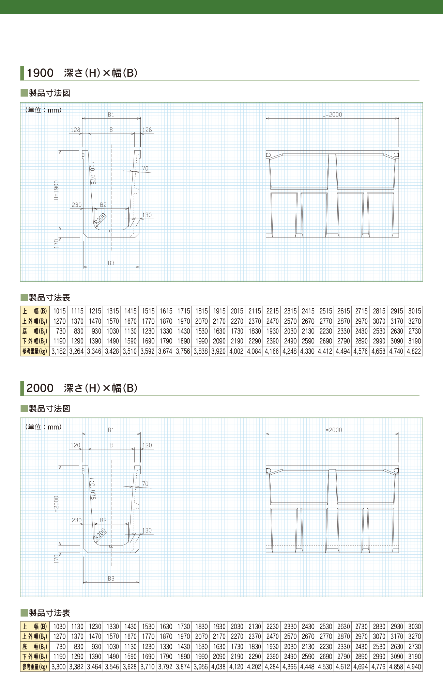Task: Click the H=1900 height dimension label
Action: pyautogui.click(x=57, y=190)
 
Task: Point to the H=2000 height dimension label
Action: pyautogui.click(x=57, y=506)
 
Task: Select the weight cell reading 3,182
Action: pyautogui.click(x=59, y=351)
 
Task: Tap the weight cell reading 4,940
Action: pyautogui.click(x=414, y=667)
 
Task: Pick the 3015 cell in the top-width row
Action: pyautogui.click(x=414, y=311)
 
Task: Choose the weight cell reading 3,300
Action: pyautogui.click(x=59, y=667)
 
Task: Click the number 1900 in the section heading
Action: pyautogui.click(x=40, y=73)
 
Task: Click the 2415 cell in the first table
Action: pyautogui.click(x=308, y=311)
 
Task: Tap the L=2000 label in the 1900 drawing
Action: pyautogui.click(x=332, y=115)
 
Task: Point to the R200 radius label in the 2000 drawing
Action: pyautogui.click(x=100, y=534)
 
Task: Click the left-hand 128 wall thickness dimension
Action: pyautogui.click(x=75, y=130)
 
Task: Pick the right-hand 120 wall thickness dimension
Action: pyautogui.click(x=147, y=445)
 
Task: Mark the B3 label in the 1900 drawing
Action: pyautogui.click(x=111, y=263)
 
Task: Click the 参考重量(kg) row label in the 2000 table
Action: pyautogui.click(x=35, y=667)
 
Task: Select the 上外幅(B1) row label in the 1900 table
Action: pyautogui.click(x=35, y=321)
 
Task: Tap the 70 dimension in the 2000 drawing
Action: pyautogui.click(x=145, y=484)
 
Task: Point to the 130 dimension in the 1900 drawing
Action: pyautogui.click(x=147, y=215)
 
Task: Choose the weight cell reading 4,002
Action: pyautogui.click(x=236, y=351)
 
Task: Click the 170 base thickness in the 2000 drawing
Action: pyautogui.click(x=57, y=559)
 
